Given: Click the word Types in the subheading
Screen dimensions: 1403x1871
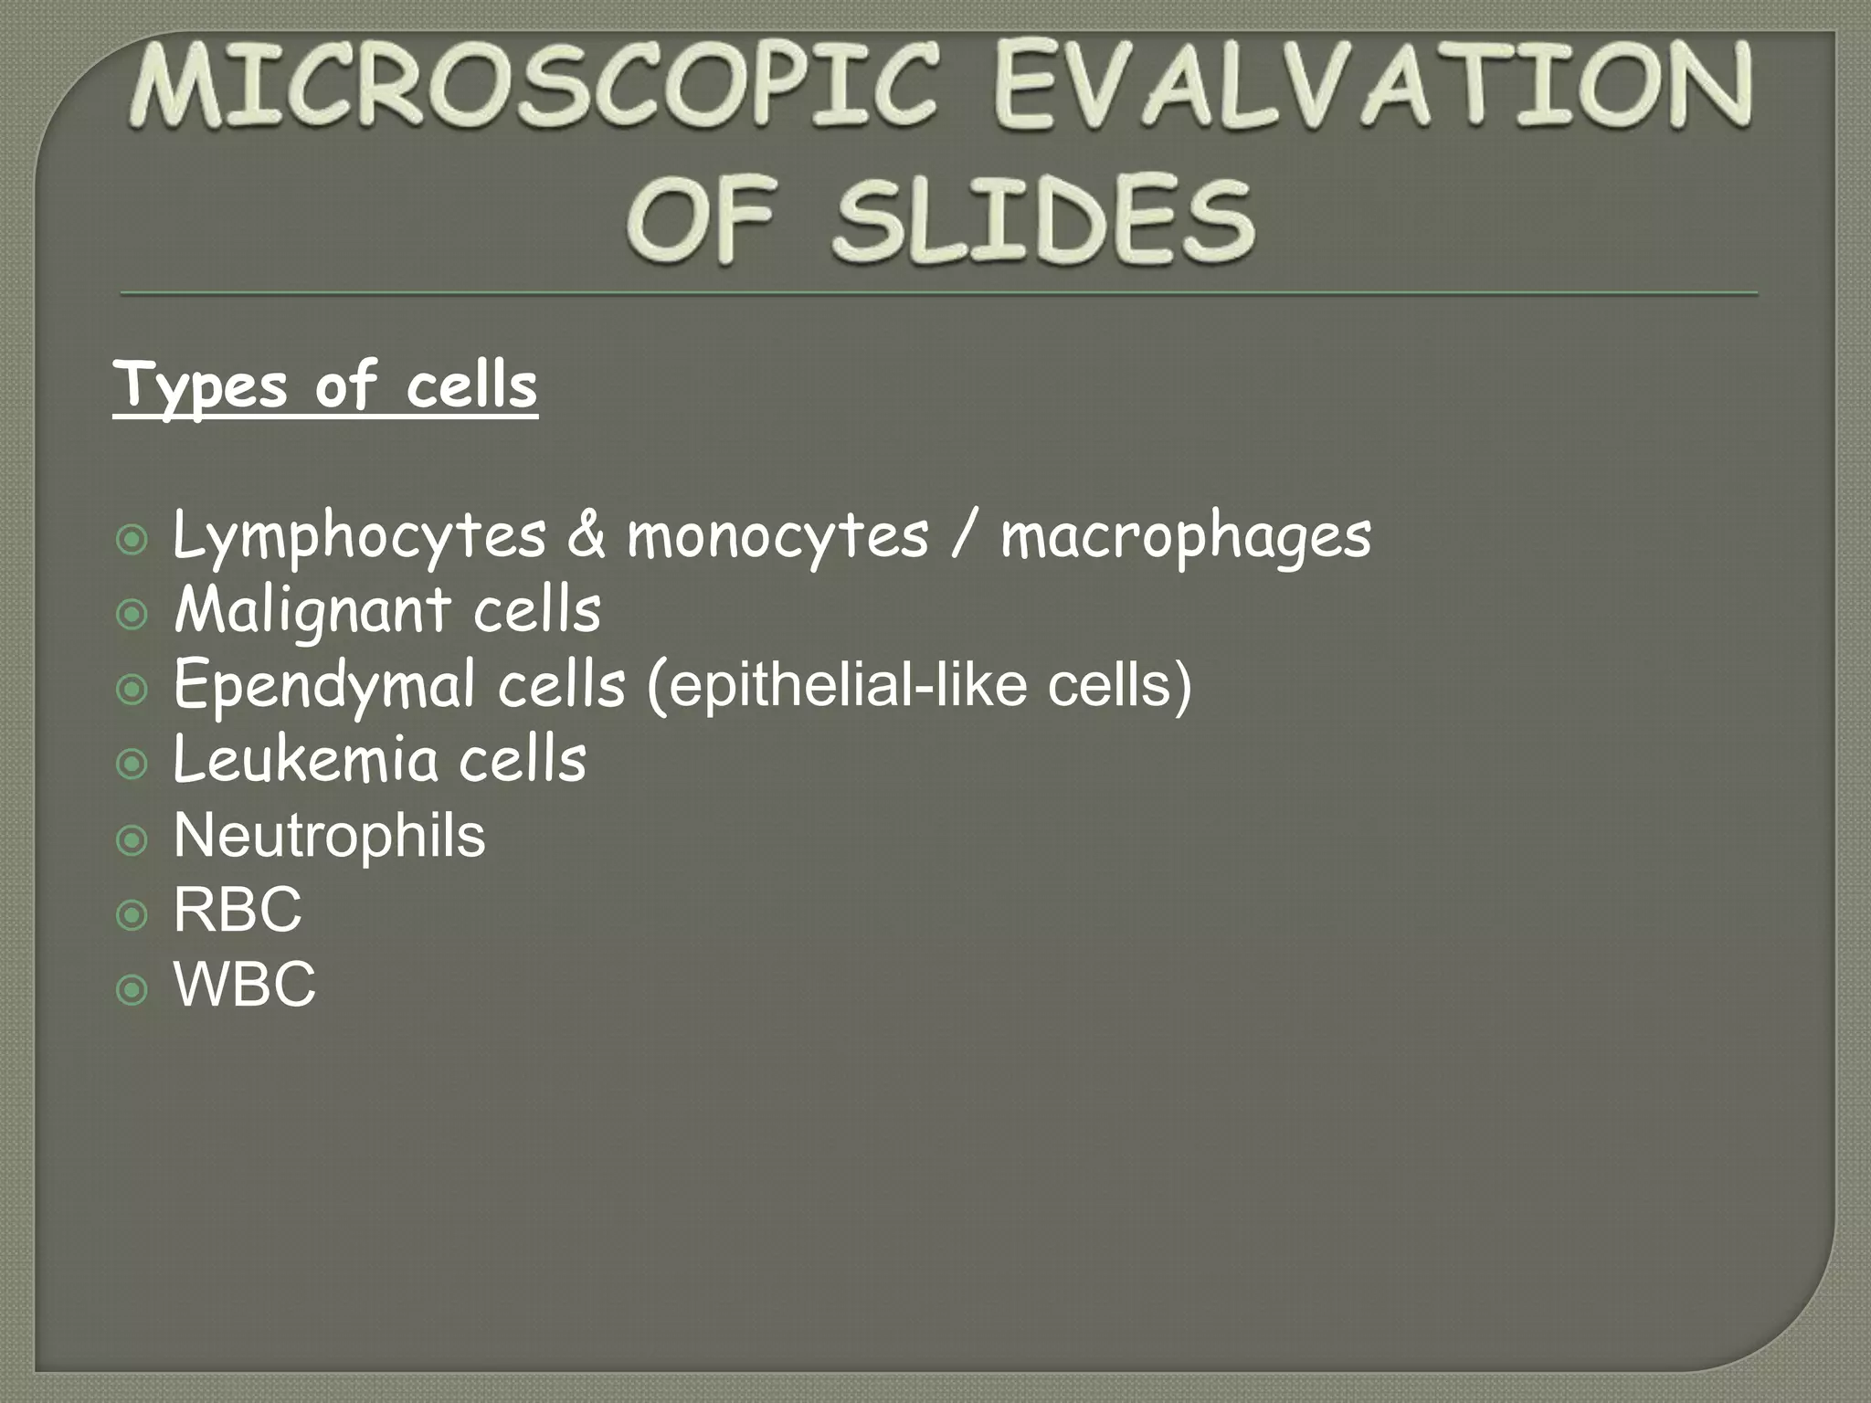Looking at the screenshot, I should click(x=201, y=387).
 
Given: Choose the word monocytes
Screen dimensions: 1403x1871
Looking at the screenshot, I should click(x=777, y=536).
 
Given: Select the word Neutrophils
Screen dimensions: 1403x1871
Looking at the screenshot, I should click(x=329, y=836).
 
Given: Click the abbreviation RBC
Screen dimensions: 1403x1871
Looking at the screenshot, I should click(x=238, y=911).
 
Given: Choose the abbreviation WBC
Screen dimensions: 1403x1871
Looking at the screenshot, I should click(x=245, y=986).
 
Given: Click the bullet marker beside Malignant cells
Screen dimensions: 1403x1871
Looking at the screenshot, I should click(x=133, y=616).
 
